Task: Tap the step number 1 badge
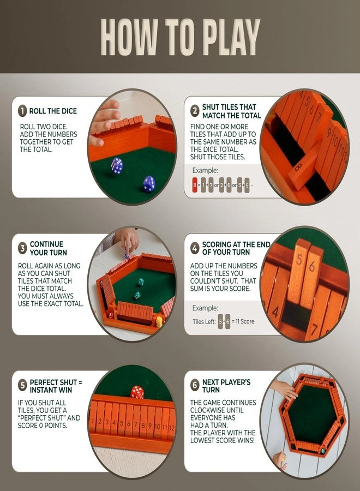pyautogui.click(x=22, y=111)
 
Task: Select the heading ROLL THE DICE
pyautogui.click(x=53, y=111)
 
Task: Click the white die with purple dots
pyautogui.click(x=117, y=165)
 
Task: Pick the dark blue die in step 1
pyautogui.click(x=148, y=184)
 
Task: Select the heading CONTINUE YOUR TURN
pyautogui.click(x=46, y=248)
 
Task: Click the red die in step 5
pyautogui.click(x=137, y=392)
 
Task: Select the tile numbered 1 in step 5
pyautogui.click(x=94, y=422)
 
